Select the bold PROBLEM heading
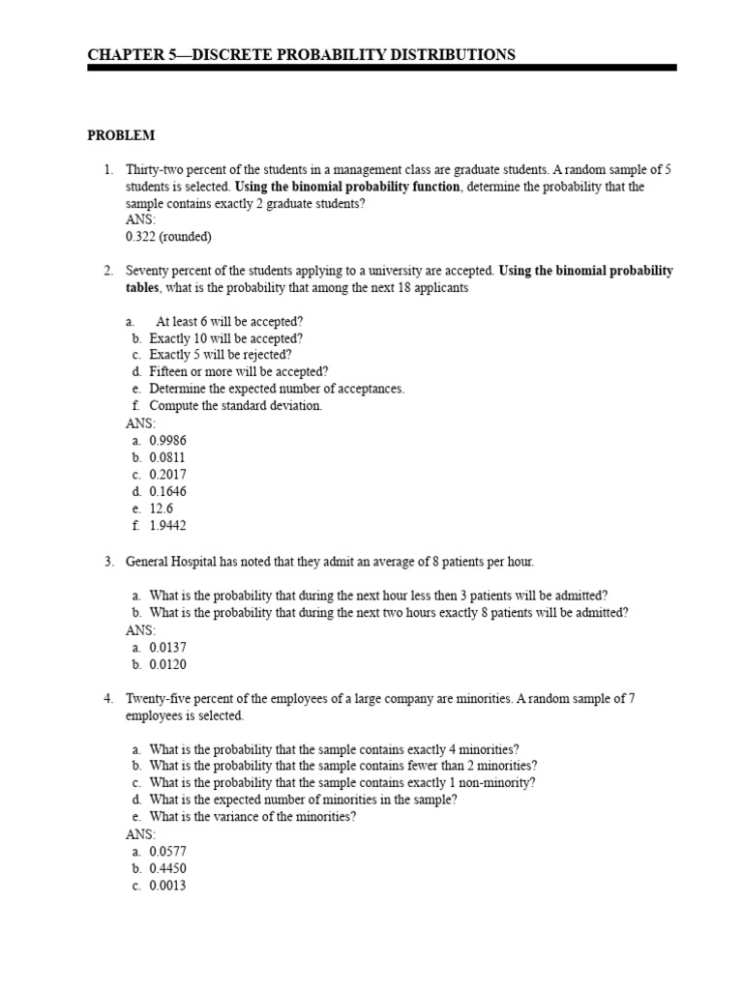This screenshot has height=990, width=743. pyautogui.click(x=121, y=135)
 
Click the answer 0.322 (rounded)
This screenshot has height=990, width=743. pyautogui.click(x=168, y=237)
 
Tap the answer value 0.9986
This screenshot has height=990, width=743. pyautogui.click(x=167, y=440)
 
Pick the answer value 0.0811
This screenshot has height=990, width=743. pyautogui.click(x=167, y=457)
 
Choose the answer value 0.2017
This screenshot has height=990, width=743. pyautogui.click(x=167, y=475)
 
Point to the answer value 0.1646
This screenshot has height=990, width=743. pyautogui.click(x=167, y=491)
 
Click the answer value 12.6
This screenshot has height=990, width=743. pyautogui.click(x=161, y=509)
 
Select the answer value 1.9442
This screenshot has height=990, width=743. pyautogui.click(x=167, y=526)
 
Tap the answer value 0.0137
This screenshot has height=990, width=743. pyautogui.click(x=167, y=647)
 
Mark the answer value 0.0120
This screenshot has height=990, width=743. pyautogui.click(x=167, y=664)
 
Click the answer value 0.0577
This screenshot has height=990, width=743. pyautogui.click(x=167, y=851)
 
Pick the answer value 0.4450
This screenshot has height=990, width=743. pyautogui.click(x=167, y=868)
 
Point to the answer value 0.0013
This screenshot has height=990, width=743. pyautogui.click(x=167, y=886)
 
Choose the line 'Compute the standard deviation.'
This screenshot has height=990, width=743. pyautogui.click(x=235, y=406)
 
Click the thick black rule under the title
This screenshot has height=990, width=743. pyautogui.click(x=381, y=69)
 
